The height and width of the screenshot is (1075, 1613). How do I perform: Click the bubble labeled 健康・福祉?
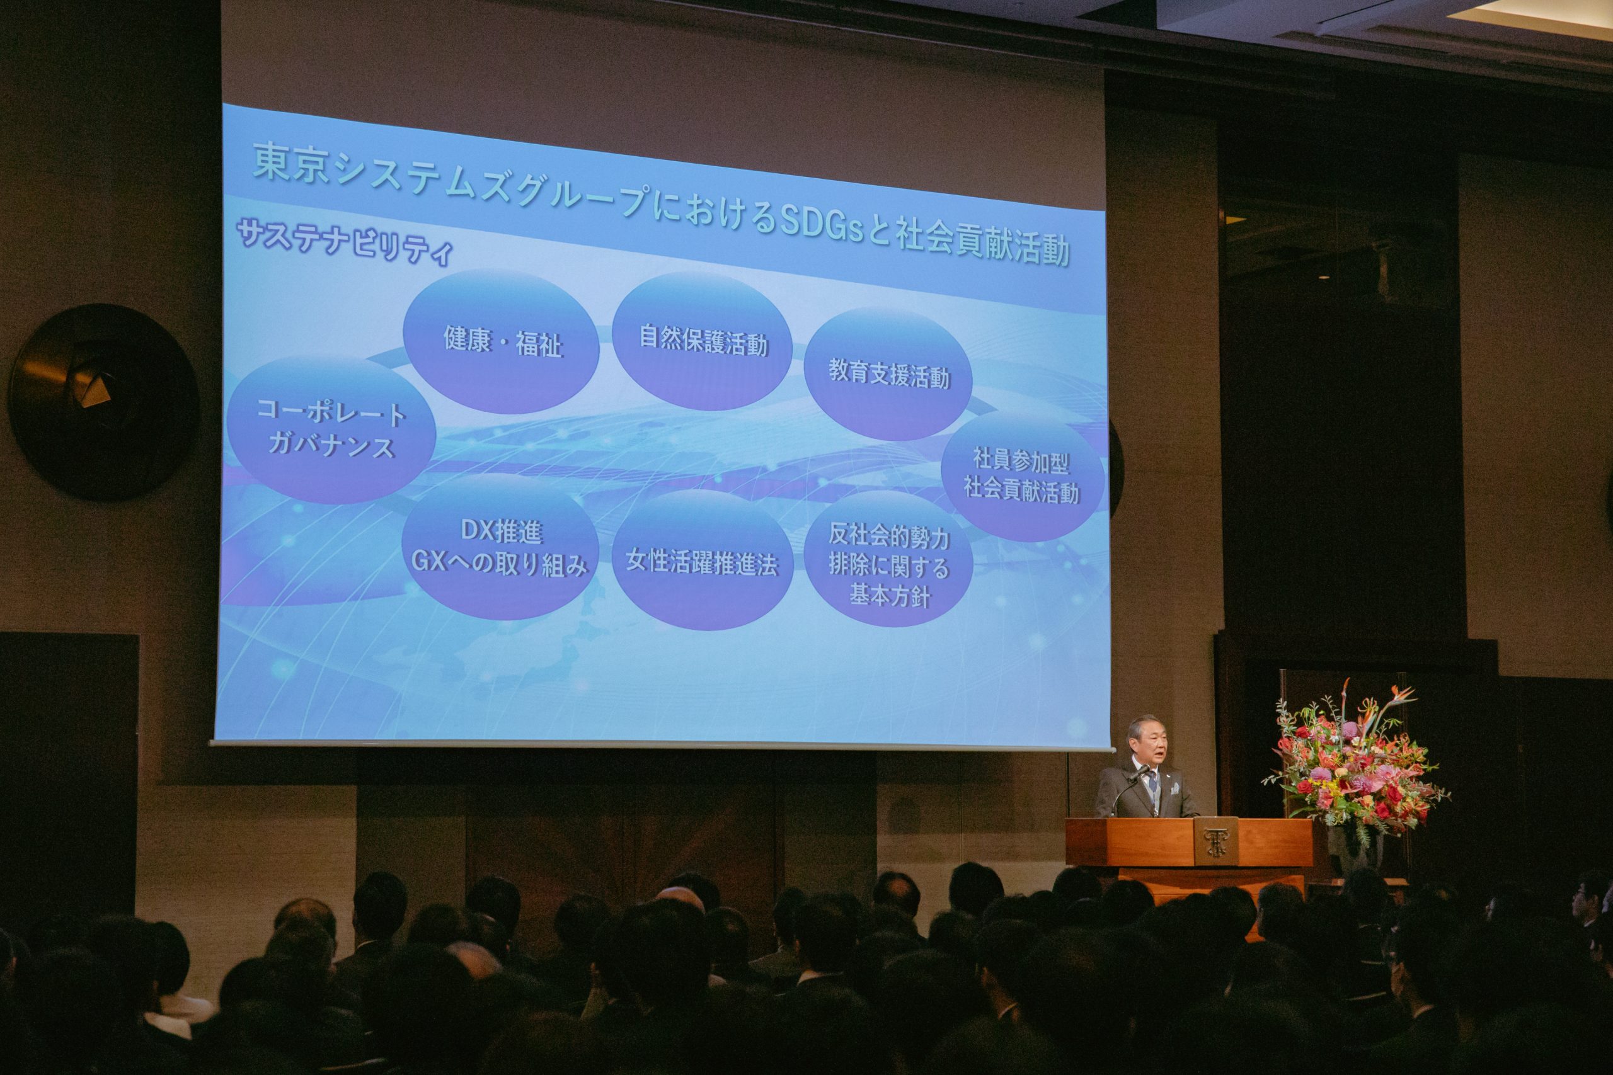[501, 341]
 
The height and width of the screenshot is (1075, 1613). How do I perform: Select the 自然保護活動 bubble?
[703, 341]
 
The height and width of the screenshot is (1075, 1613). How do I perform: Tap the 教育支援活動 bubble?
[888, 374]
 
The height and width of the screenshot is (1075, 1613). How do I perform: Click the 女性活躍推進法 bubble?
[701, 560]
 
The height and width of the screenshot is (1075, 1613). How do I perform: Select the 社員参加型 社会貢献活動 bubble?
[1022, 477]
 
